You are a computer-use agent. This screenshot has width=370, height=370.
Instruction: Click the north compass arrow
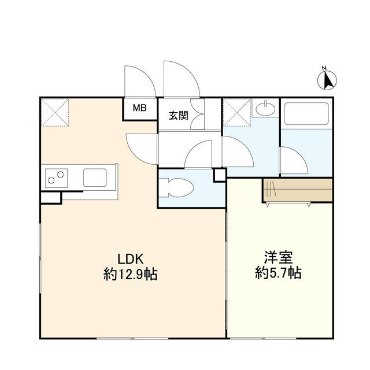(328, 80)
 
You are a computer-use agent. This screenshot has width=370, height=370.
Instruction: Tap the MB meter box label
(140, 108)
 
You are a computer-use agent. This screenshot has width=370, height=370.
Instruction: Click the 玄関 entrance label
(179, 116)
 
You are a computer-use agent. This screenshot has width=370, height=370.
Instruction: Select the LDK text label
(131, 258)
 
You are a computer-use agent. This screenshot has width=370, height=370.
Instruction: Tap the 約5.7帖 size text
(278, 273)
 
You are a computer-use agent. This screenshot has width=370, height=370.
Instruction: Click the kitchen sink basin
(95, 177)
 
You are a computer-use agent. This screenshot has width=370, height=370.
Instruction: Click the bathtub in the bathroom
(306, 114)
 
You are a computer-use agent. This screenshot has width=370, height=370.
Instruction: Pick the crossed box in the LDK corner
(55, 113)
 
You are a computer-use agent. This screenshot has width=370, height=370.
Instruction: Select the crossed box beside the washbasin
(236, 113)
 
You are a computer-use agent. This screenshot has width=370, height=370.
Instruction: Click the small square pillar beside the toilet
(220, 175)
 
